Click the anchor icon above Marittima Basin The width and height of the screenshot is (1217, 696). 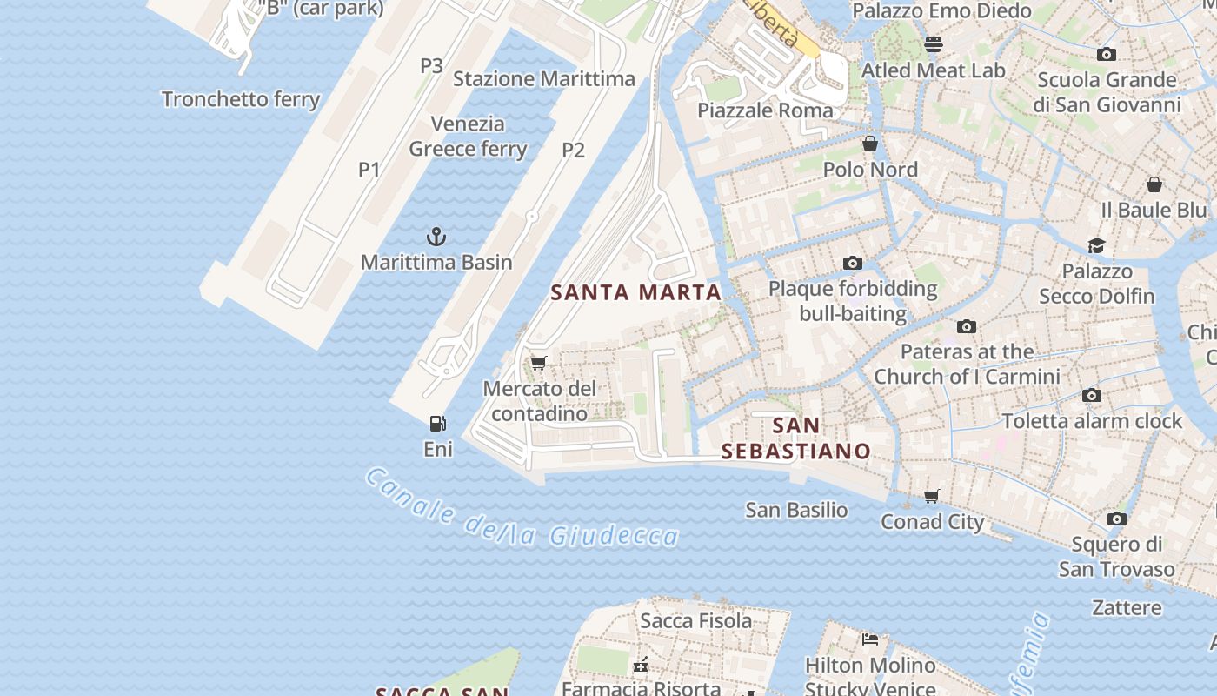click(x=436, y=236)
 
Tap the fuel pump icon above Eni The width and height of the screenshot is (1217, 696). click(x=438, y=424)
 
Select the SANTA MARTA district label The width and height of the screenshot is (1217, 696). click(x=636, y=292)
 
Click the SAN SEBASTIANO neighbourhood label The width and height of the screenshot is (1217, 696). click(x=796, y=438)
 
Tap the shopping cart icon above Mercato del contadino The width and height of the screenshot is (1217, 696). click(x=538, y=363)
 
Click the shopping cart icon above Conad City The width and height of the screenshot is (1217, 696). click(x=932, y=496)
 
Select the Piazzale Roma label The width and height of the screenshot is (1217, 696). click(x=765, y=110)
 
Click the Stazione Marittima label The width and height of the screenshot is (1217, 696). click(x=544, y=79)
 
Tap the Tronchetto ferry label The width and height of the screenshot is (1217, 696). click(x=241, y=99)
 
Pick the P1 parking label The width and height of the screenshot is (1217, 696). click(x=369, y=170)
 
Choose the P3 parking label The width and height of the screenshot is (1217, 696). click(x=432, y=66)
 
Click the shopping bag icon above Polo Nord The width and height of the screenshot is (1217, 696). click(x=870, y=144)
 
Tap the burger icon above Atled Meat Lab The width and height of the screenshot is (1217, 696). click(x=934, y=43)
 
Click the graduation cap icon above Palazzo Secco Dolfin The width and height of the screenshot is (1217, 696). click(x=1096, y=245)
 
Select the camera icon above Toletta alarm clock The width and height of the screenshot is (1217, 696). click(x=1092, y=395)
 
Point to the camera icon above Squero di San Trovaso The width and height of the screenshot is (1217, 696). click(x=1117, y=519)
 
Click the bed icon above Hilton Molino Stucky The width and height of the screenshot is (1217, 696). click(x=870, y=639)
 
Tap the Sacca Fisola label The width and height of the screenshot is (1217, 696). click(x=695, y=620)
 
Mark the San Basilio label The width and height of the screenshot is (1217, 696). click(x=796, y=510)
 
